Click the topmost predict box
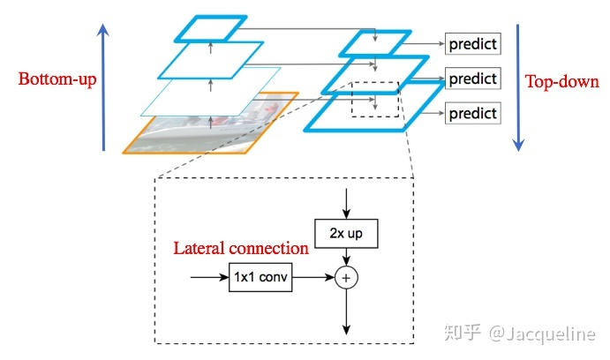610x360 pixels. (x=472, y=43)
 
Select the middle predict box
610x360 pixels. (x=472, y=79)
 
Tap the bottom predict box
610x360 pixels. (x=472, y=113)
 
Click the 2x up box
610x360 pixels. (x=345, y=233)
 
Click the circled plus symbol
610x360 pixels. (x=346, y=278)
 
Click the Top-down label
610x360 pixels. (x=562, y=82)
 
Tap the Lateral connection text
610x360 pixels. (x=241, y=249)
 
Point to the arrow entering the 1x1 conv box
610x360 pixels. (x=208, y=277)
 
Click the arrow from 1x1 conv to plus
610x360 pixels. (x=313, y=277)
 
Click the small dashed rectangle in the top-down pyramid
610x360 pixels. (x=375, y=100)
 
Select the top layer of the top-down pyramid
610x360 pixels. (x=375, y=43)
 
